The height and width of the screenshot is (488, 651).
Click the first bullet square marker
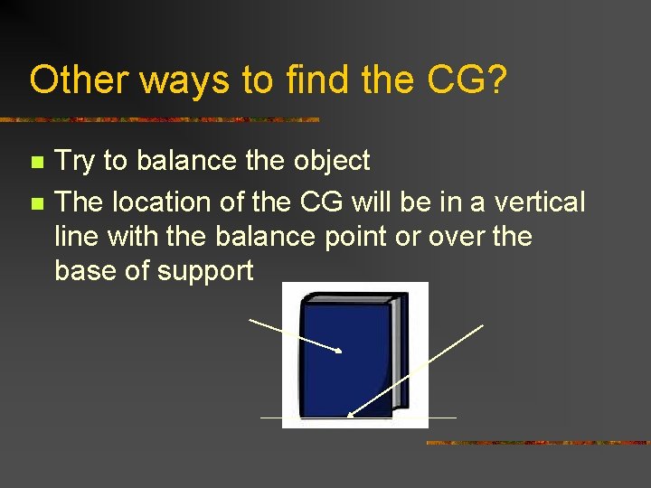click(x=36, y=163)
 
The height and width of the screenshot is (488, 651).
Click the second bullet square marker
click(x=36, y=203)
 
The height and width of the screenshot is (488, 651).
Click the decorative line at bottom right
click(x=537, y=443)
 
